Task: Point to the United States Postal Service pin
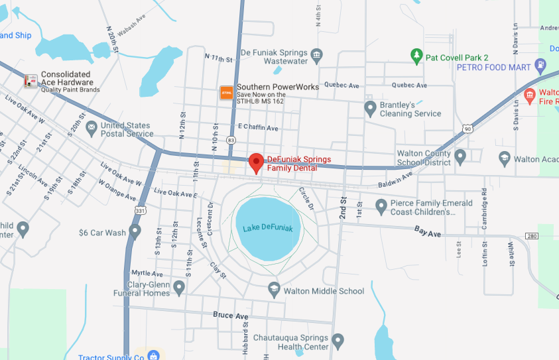click(92, 127)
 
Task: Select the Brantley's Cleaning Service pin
click(370, 107)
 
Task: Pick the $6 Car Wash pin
click(135, 231)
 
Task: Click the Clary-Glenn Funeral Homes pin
click(179, 286)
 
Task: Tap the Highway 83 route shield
click(231, 141)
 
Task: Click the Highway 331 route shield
click(140, 210)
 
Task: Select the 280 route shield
click(532, 236)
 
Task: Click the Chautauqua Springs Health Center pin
click(338, 341)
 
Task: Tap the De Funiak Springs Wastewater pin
click(316, 54)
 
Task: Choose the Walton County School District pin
click(460, 155)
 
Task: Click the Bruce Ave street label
click(231, 316)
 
